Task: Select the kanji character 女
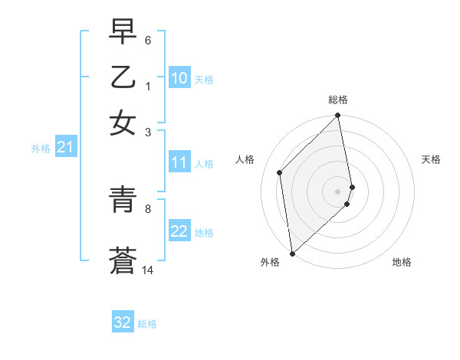pyautogui.click(x=123, y=122)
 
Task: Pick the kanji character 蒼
pyautogui.click(x=123, y=261)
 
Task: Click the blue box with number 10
pyautogui.click(x=179, y=78)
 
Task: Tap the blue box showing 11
pyautogui.click(x=179, y=162)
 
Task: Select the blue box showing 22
pyautogui.click(x=179, y=231)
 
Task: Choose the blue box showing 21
pyautogui.click(x=65, y=148)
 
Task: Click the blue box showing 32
pyautogui.click(x=123, y=322)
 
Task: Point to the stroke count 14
pyautogui.click(x=148, y=270)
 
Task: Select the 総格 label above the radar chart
pyautogui.click(x=338, y=100)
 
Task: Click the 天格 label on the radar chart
pyautogui.click(x=431, y=159)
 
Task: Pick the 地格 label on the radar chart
pyautogui.click(x=402, y=262)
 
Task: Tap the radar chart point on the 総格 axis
pyautogui.click(x=338, y=116)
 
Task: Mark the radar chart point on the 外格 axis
pyautogui.click(x=292, y=253)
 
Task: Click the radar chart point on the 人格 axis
pyautogui.click(x=280, y=172)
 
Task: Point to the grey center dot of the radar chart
pyautogui.click(x=338, y=191)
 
